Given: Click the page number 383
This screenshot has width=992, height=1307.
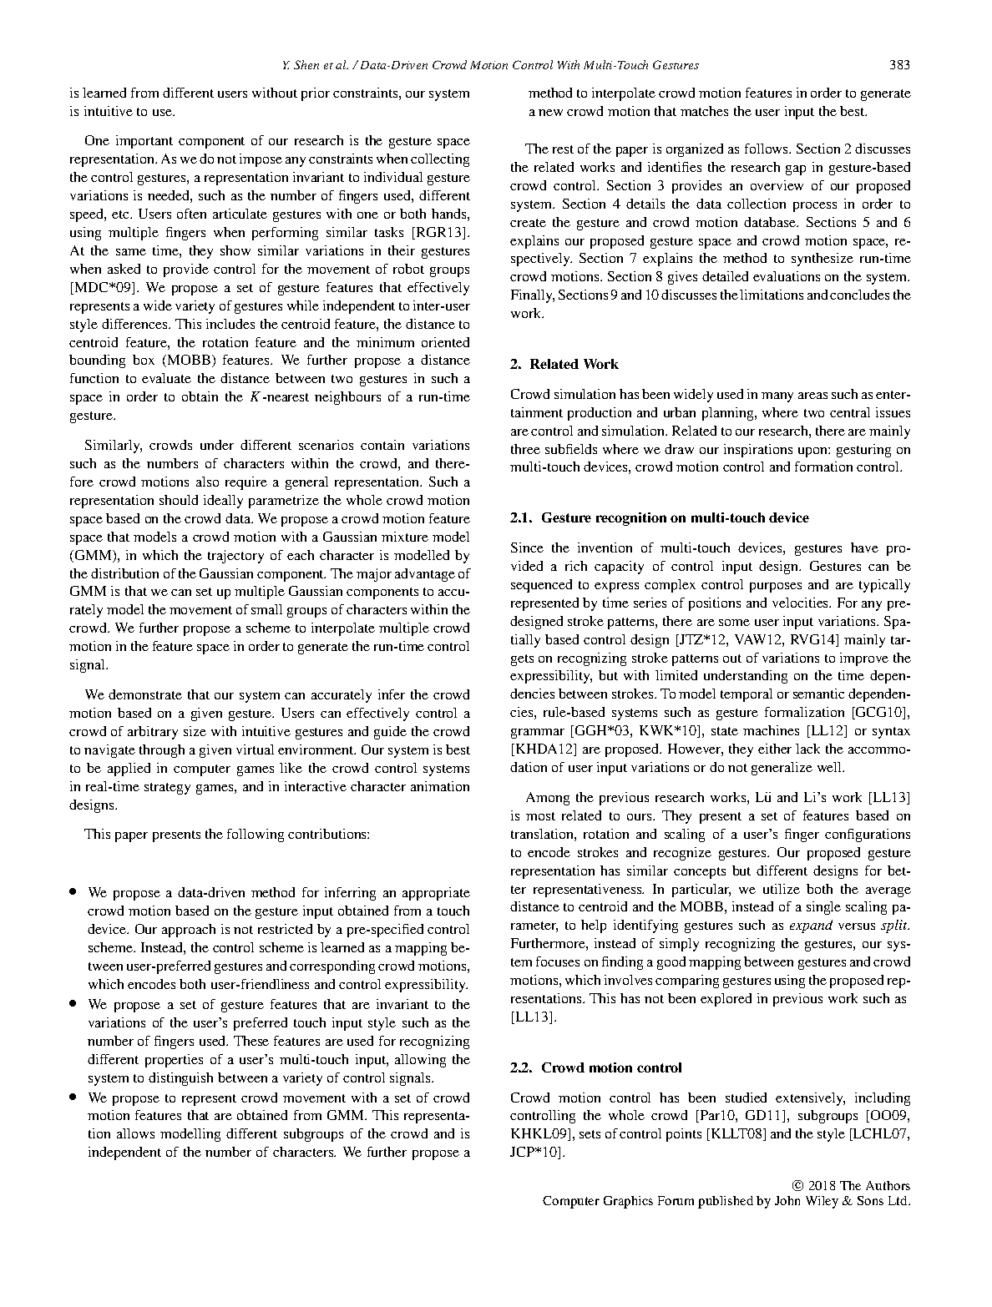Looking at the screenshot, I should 899,65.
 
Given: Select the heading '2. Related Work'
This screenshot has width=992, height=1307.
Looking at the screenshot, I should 564,364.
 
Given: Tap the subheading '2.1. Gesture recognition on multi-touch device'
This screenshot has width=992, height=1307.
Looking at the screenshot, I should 660,517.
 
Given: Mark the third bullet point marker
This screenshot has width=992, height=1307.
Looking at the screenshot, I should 74,1098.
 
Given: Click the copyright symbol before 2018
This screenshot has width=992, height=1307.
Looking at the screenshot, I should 797,1186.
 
